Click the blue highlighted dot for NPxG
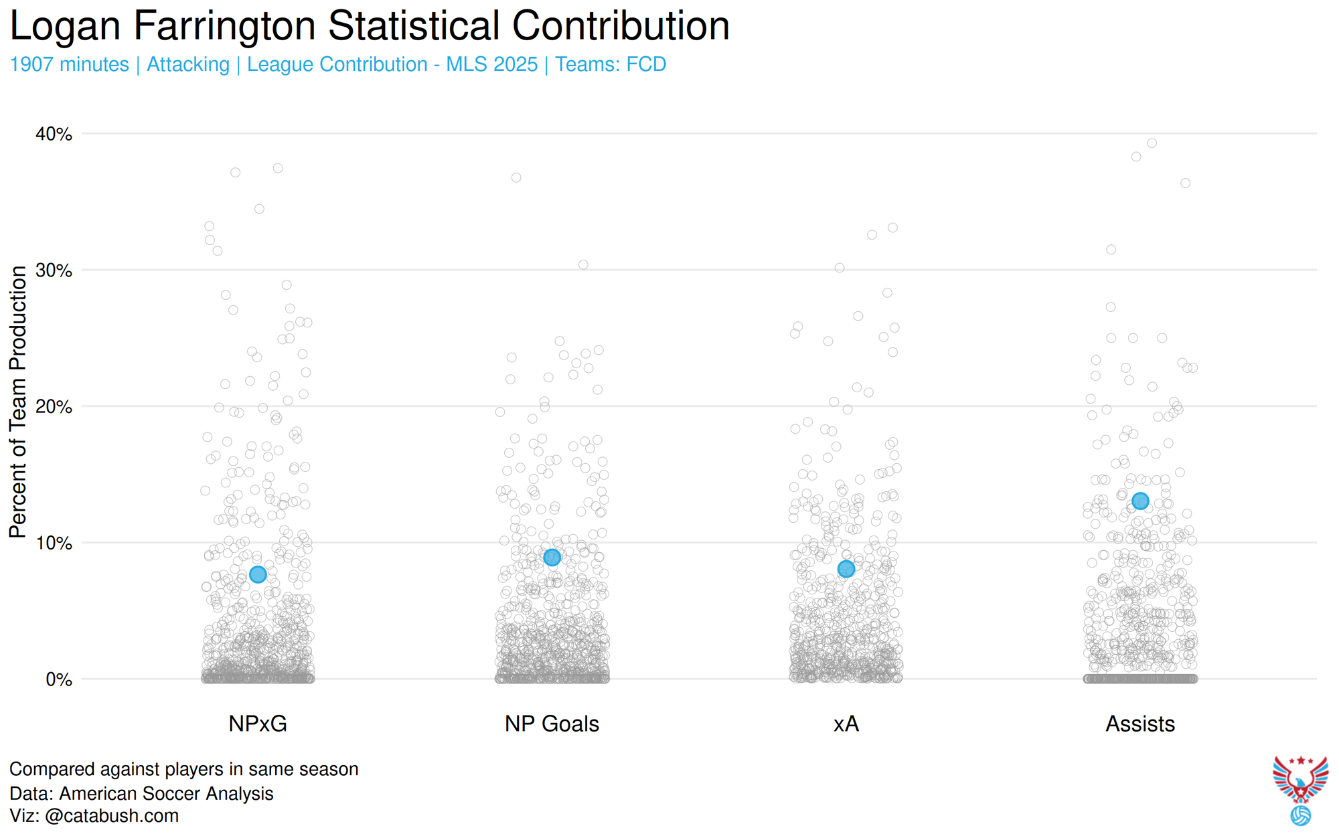[258, 574]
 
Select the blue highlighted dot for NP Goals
[552, 558]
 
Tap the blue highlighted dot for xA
[846, 569]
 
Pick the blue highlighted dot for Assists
[1140, 501]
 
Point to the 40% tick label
[54, 134]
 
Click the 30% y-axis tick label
[54, 270]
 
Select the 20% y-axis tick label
[54, 407]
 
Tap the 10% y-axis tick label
[54, 543]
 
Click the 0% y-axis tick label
[59, 679]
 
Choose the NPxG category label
[258, 724]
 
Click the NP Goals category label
[552, 724]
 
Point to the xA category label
[846, 724]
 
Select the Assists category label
[1140, 724]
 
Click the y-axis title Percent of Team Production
[18, 402]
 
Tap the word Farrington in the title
[224, 27]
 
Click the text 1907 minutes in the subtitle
[70, 64]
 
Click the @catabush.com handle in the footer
[112, 816]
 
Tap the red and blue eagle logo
[1300, 780]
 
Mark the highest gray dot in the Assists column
[1152, 143]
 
